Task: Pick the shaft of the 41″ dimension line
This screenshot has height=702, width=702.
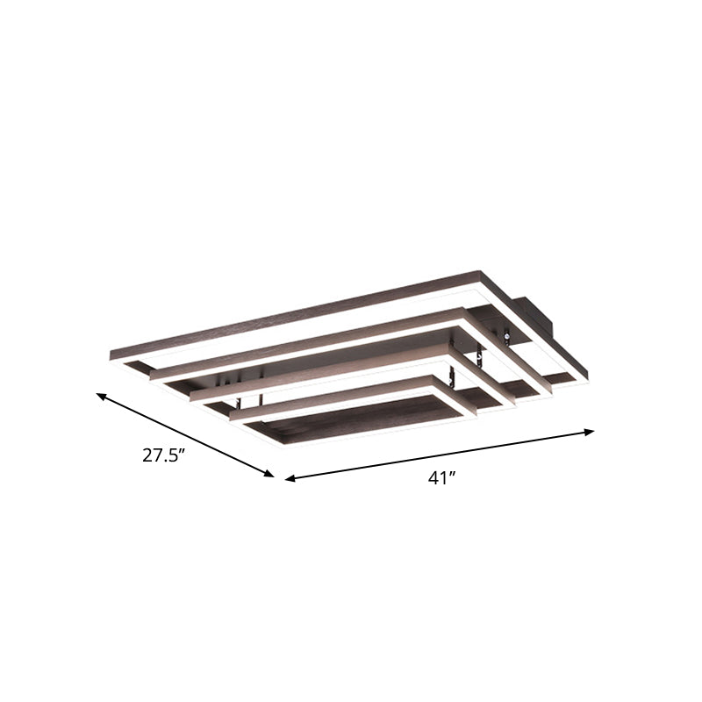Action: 439,455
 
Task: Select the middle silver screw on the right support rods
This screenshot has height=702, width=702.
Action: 479,355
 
